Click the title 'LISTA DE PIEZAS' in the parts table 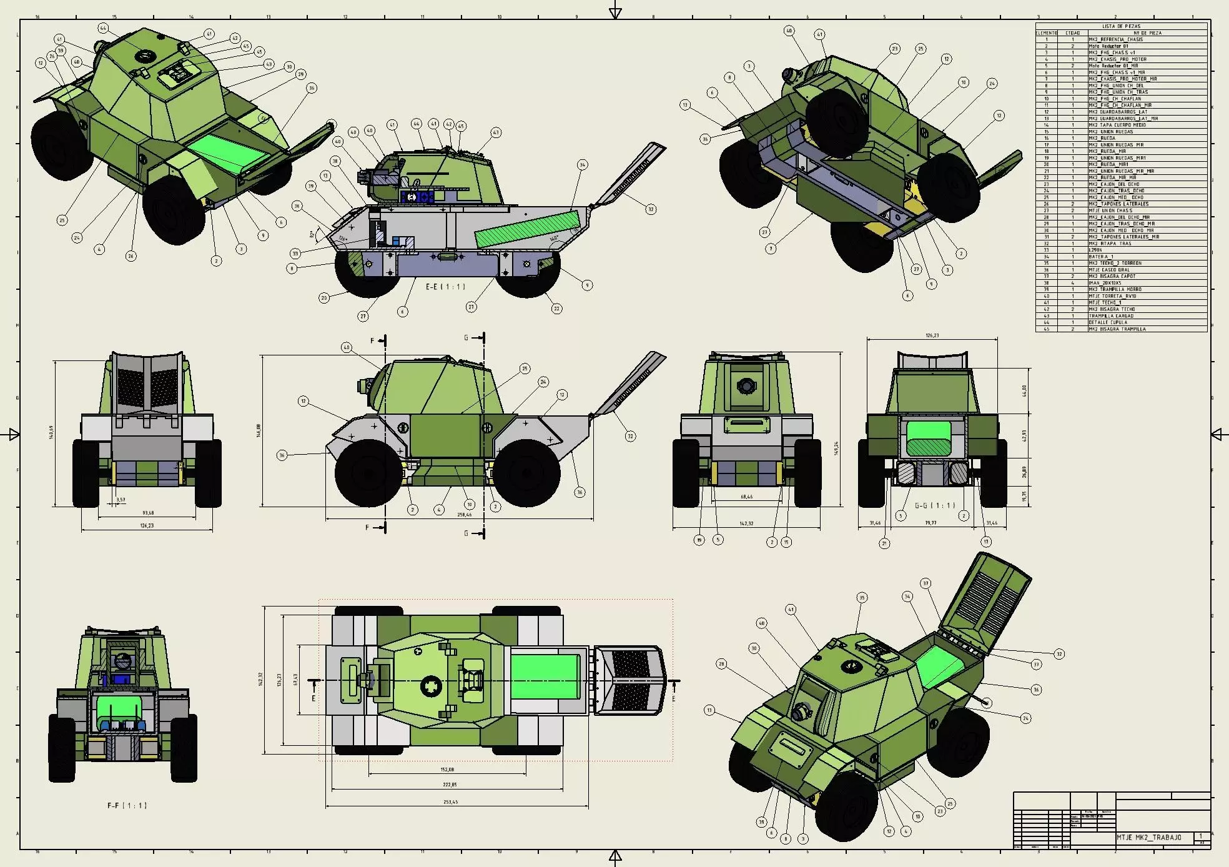pyautogui.click(x=1121, y=26)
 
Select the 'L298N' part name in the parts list pyautogui.click(x=1095, y=250)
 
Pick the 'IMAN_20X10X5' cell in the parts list pyautogui.click(x=1105, y=283)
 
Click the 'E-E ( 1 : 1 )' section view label pyautogui.click(x=445, y=287)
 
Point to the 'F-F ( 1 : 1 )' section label pyautogui.click(x=126, y=805)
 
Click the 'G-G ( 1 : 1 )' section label pyautogui.click(x=935, y=505)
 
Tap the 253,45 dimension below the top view pyautogui.click(x=450, y=801)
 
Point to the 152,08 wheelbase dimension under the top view pyautogui.click(x=447, y=770)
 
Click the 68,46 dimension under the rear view pyautogui.click(x=746, y=497)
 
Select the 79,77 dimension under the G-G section pyautogui.click(x=930, y=523)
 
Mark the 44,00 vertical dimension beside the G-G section pyautogui.click(x=1024, y=390)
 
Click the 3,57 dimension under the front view pyautogui.click(x=121, y=500)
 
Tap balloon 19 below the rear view pyautogui.click(x=699, y=540)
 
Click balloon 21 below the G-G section pyautogui.click(x=884, y=544)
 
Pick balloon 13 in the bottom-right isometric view pyautogui.click(x=709, y=710)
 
